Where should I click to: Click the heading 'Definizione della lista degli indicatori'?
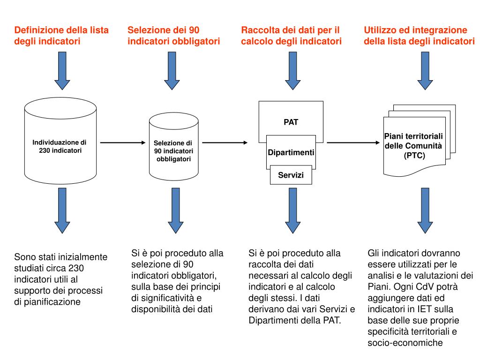61,36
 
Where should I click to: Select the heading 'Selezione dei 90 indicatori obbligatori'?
173,36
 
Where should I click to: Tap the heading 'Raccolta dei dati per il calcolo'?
291,36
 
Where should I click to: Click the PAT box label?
291,122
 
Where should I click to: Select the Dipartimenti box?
291,153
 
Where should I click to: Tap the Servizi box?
291,175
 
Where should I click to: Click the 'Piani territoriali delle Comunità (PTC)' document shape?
413,146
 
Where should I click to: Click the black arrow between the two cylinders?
123,142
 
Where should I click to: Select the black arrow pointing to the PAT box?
225,142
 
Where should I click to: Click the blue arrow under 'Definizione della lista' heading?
62,70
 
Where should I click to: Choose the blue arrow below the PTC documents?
425,211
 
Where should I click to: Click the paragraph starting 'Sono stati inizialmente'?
61,279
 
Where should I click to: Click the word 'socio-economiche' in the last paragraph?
405,343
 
